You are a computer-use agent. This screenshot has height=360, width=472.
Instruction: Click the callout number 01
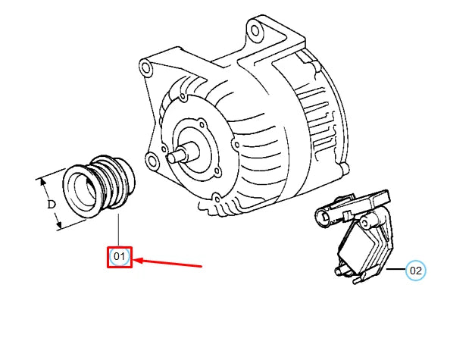coord(120,258)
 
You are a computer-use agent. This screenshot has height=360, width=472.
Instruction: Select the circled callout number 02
coord(415,270)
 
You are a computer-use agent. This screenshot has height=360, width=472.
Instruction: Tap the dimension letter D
coord(52,204)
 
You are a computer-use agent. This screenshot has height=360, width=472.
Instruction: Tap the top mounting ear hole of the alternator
coord(257,30)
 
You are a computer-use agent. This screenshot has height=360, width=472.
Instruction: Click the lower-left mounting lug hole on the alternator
coord(152,161)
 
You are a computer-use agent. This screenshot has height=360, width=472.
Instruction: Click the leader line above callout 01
coord(120,231)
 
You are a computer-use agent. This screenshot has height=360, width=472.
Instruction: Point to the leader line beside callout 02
coord(395,270)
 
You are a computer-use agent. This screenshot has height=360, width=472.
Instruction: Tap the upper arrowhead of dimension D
coord(42,182)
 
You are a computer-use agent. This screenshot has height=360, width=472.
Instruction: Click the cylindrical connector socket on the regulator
coord(324,217)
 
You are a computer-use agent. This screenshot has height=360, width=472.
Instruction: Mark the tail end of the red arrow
coord(201,266)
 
